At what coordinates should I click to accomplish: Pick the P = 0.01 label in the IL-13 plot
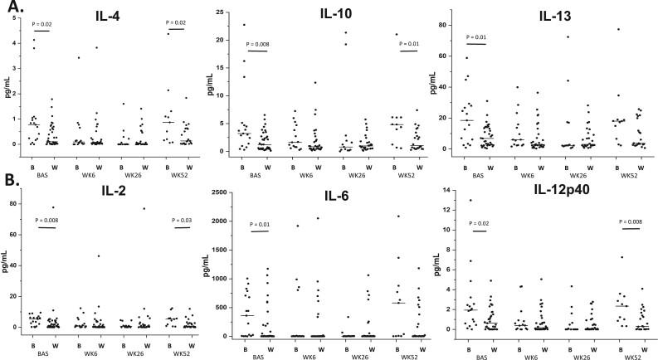click(x=477, y=36)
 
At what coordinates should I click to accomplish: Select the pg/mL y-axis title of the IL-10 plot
click(x=224, y=83)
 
